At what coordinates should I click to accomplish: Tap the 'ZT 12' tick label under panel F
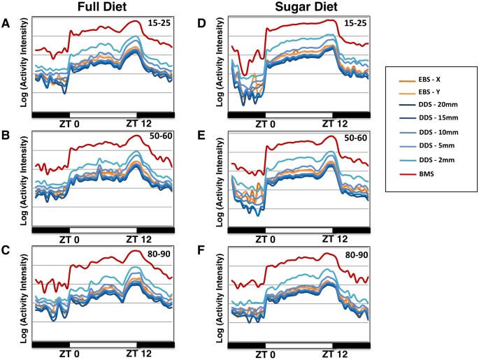(334, 354)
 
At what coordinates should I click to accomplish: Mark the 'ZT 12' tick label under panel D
(334, 123)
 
